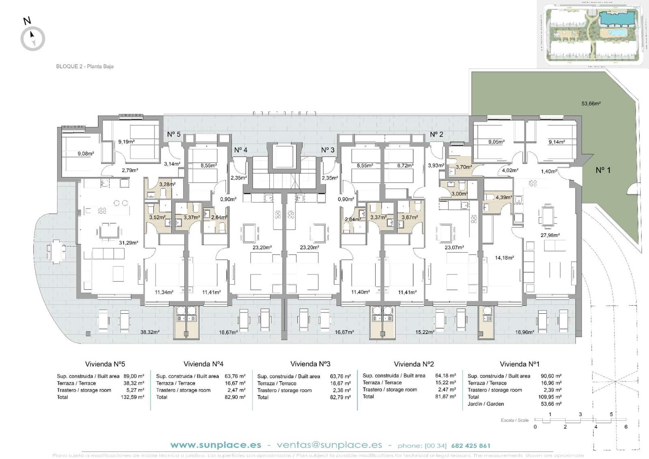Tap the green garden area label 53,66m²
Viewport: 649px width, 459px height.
(x=591, y=103)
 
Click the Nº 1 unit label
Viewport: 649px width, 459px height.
(x=603, y=170)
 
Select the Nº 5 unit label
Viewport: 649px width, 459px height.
(x=174, y=134)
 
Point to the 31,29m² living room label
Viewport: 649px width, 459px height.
(x=128, y=243)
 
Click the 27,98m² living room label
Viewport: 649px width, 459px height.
(x=550, y=235)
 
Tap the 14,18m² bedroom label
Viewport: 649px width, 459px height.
(x=504, y=258)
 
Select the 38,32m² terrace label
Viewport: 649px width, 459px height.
(x=150, y=332)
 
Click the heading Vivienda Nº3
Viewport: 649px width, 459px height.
(x=310, y=364)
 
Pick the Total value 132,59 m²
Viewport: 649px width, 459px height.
(x=132, y=397)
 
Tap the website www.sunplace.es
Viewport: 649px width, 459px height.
(x=216, y=445)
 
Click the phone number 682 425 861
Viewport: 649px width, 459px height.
(x=471, y=446)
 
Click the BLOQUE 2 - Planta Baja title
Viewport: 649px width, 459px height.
(x=85, y=66)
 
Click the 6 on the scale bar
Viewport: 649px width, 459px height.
(x=626, y=427)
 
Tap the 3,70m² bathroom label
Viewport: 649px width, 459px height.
(x=464, y=167)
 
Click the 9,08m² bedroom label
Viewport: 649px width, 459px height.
(x=86, y=154)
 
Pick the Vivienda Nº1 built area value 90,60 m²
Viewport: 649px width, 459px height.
(x=551, y=376)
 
